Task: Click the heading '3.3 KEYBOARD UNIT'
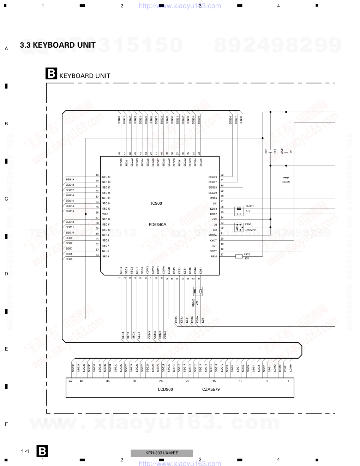coord(58,45)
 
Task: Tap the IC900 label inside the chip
coord(156,203)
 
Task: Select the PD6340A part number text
coord(157,225)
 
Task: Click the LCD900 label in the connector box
coord(165,389)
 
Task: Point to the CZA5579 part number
coord(211,389)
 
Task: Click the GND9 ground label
coord(286,182)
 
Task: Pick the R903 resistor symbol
coord(239,256)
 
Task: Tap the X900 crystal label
coord(248,225)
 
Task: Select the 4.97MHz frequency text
coord(250,230)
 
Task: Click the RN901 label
coord(250,206)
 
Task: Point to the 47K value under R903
coord(247,259)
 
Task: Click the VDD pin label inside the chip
coord(105,214)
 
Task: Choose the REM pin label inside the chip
coord(214,256)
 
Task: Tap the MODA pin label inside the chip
coord(213,235)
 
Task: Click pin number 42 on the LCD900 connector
coord(71,381)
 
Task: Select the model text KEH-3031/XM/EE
coord(162,453)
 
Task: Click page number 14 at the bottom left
coord(25,451)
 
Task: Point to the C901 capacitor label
coord(266,151)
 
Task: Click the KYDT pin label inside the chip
coord(213,240)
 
